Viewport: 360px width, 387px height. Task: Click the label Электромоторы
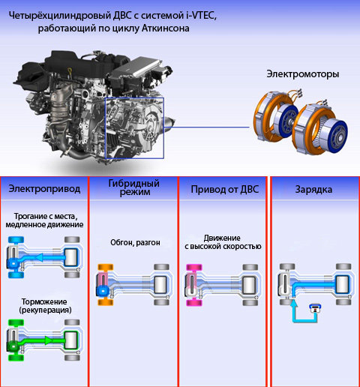coord(302,74)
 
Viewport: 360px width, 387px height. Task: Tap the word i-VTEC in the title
coord(200,16)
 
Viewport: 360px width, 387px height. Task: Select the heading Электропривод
coord(44,189)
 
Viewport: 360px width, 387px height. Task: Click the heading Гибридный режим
coord(134,187)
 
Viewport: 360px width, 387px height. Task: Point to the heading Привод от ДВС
coord(225,190)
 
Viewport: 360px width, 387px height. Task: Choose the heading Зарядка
coord(313,190)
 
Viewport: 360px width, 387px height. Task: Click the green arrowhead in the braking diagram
coord(49,340)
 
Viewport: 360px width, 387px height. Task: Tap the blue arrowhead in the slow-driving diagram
coord(39,257)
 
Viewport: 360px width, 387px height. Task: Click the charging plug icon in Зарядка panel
coord(316,308)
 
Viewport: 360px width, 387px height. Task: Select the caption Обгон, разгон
coord(135,242)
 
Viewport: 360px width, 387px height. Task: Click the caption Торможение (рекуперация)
coord(45,306)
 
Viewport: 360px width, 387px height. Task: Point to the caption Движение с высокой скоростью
coord(223,242)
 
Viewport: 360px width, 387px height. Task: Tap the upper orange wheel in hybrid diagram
coord(106,267)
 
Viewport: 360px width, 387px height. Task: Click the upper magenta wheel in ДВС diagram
coord(194,267)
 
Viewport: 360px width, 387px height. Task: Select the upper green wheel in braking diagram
coord(16,322)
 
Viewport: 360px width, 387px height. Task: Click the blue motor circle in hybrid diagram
coord(103,291)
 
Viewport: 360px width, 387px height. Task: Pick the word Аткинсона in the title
coord(166,28)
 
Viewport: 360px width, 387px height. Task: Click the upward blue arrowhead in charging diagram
coord(294,304)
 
